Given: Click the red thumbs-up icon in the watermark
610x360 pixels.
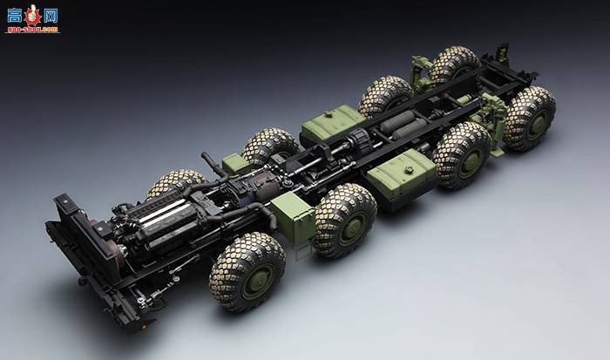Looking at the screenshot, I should point(32,14).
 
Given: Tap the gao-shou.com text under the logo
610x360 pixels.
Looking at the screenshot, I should point(32,29).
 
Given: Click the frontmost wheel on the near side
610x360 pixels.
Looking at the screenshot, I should point(247,271).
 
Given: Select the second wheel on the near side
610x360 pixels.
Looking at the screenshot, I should point(344,219).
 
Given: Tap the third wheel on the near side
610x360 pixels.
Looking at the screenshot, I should point(461,154).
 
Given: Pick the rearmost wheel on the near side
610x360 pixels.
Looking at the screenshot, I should point(528,118).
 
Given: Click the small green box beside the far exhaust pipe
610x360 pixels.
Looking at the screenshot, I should point(234,163).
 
